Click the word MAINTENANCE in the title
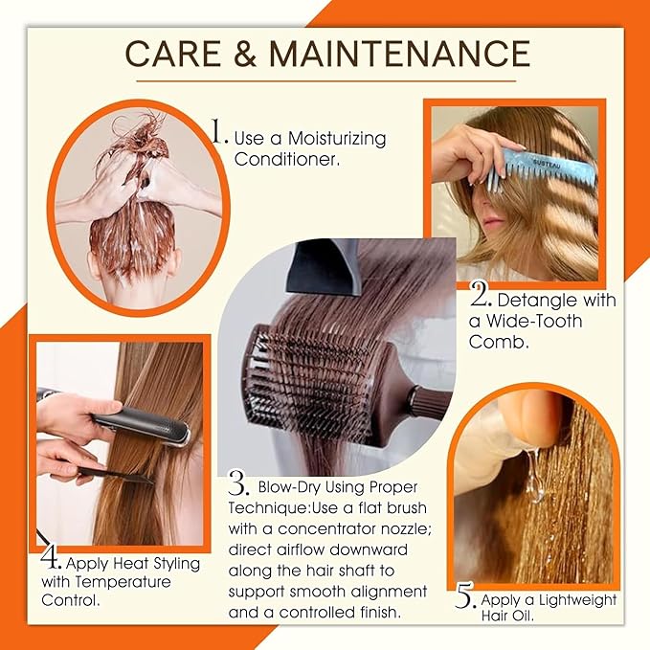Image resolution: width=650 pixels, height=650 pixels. click(x=399, y=54)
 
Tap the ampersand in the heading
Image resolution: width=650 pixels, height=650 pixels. click(x=248, y=54)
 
